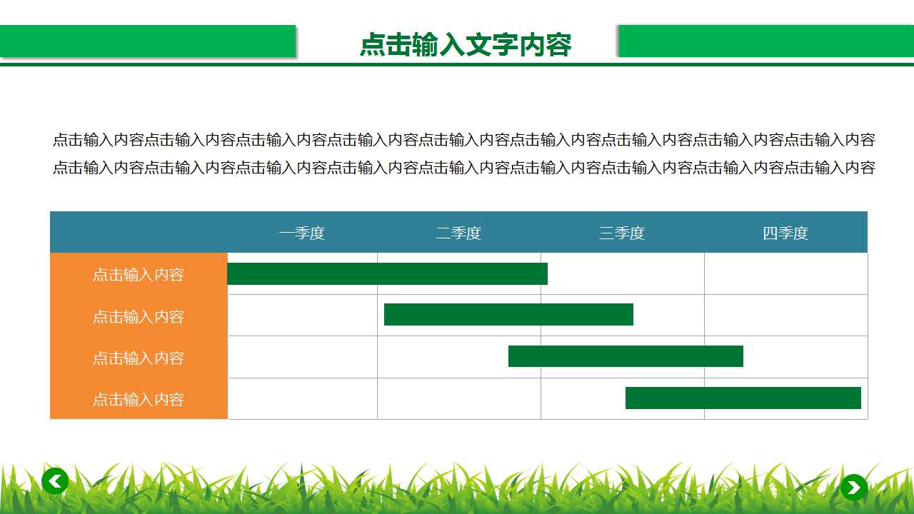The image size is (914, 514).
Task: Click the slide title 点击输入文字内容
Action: coord(466,45)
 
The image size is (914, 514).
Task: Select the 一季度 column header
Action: coord(302,233)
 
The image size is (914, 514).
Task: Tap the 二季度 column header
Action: coord(458,233)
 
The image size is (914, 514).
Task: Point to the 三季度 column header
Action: coord(622,233)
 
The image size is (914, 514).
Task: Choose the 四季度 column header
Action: coord(785,233)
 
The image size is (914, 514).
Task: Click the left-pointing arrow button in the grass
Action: coord(55,480)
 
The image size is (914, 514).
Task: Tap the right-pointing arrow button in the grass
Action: coord(853,488)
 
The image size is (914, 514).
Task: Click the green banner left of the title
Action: coord(147,41)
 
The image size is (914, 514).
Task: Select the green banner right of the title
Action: coord(765,41)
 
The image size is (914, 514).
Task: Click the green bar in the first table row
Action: coord(387,274)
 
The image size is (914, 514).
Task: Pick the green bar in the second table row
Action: coord(508,315)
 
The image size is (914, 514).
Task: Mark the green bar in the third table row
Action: coord(626,356)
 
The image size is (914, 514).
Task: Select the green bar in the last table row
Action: coord(743,398)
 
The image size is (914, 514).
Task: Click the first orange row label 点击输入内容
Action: coord(139,274)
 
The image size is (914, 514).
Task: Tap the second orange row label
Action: coord(139,316)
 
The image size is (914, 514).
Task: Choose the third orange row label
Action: coord(139,357)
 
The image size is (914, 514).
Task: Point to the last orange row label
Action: coord(139,399)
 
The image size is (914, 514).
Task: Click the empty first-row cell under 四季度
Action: coord(785,274)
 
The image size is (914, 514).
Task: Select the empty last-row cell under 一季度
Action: coord(302,399)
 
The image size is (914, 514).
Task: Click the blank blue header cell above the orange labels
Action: coord(139,233)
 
